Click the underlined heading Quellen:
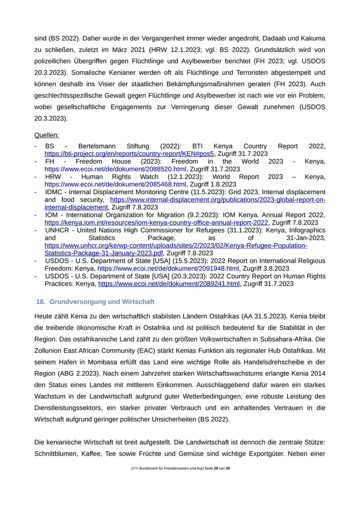(46, 135)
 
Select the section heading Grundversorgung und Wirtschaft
(102, 301)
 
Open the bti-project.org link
(129, 153)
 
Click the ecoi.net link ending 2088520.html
(115, 169)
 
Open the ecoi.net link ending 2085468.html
(115, 184)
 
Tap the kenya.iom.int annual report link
(156, 223)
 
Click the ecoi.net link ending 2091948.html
(168, 268)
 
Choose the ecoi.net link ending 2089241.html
(169, 283)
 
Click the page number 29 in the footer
(216, 468)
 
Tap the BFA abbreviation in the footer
(135, 468)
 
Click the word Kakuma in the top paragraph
(313, 38)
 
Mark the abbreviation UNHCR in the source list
(57, 230)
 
